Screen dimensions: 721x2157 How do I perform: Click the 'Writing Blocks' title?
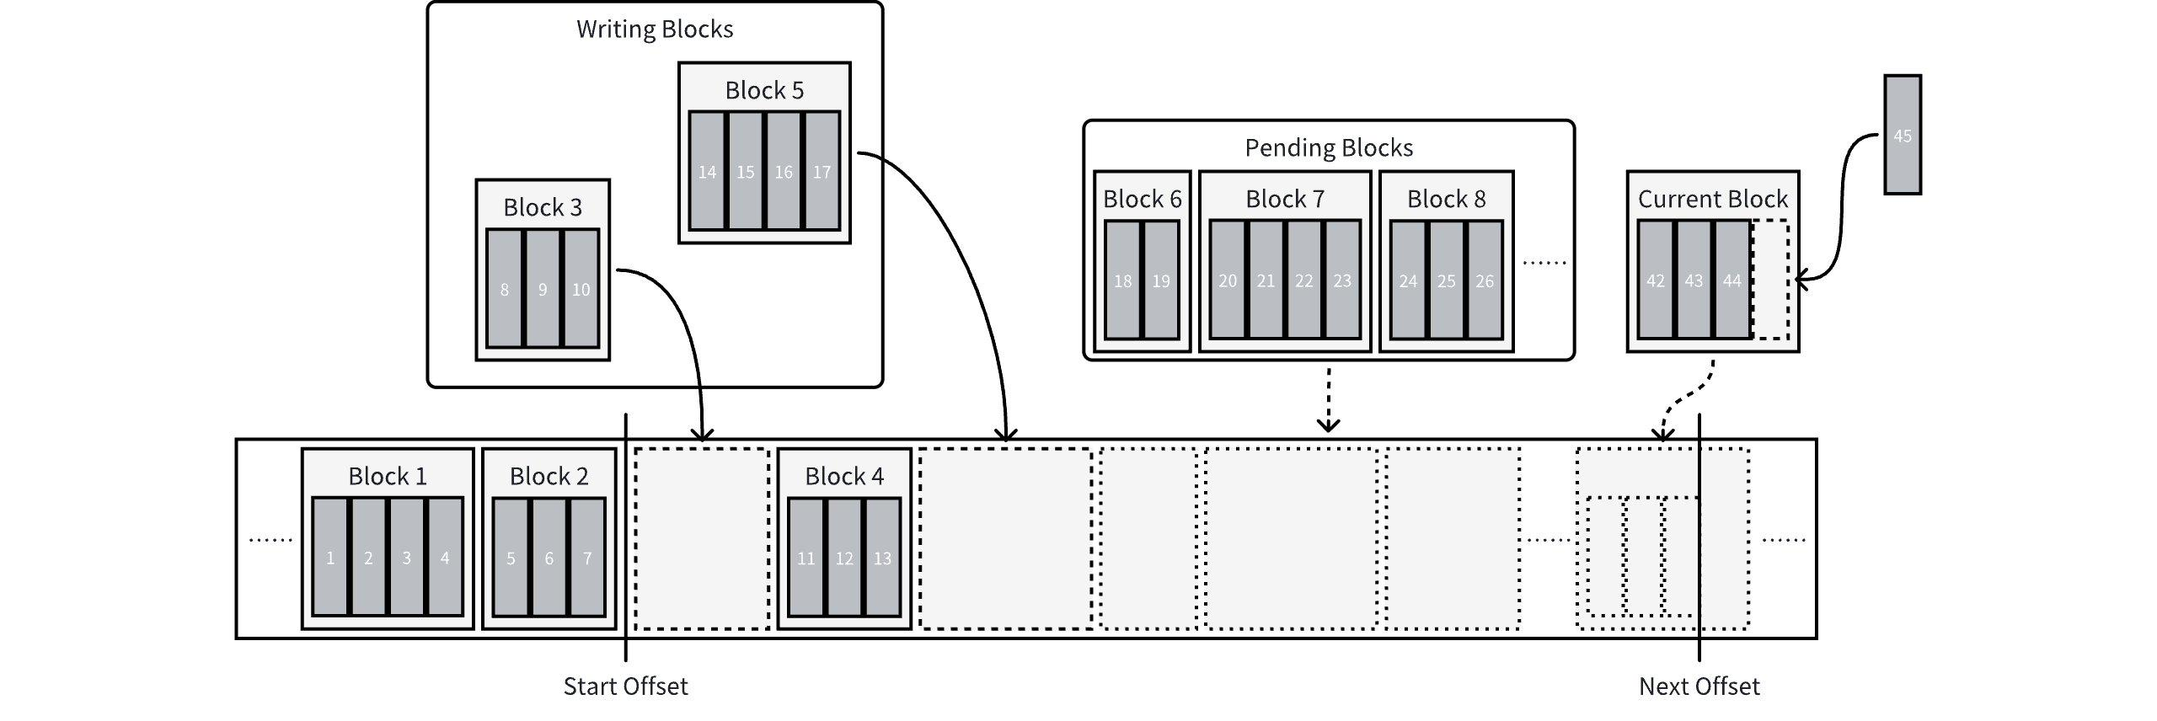(655, 29)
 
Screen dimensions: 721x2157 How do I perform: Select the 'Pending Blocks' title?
(1329, 148)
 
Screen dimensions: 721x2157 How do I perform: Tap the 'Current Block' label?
(1712, 200)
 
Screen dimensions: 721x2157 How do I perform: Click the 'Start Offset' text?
(625, 686)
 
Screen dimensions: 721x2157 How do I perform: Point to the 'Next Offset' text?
(1699, 686)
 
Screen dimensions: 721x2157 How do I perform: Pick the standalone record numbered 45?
(1903, 135)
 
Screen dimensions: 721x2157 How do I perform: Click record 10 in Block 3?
(581, 289)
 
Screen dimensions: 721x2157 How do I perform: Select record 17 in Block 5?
(822, 171)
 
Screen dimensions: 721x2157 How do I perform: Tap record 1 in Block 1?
(330, 557)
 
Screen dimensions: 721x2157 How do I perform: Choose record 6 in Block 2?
(549, 557)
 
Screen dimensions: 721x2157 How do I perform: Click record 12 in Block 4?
(844, 557)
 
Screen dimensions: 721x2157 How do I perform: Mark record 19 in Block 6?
(1161, 280)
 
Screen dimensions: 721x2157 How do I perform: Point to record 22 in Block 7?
(1303, 280)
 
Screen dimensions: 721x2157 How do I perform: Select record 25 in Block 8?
(1446, 280)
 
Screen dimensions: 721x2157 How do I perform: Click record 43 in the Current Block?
(1694, 280)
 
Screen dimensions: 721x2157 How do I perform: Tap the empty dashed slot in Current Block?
(1770, 280)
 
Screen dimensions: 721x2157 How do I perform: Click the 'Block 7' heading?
(1285, 200)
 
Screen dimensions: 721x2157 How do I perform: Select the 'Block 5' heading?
(764, 91)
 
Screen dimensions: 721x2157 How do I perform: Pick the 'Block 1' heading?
(388, 477)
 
